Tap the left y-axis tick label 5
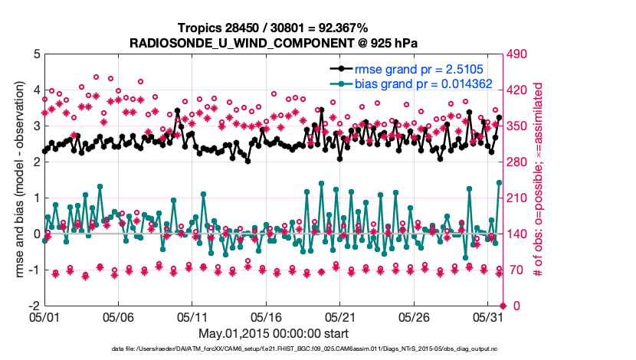[35, 54]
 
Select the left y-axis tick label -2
[33, 306]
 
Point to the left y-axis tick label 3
[35, 126]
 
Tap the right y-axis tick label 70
[515, 270]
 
